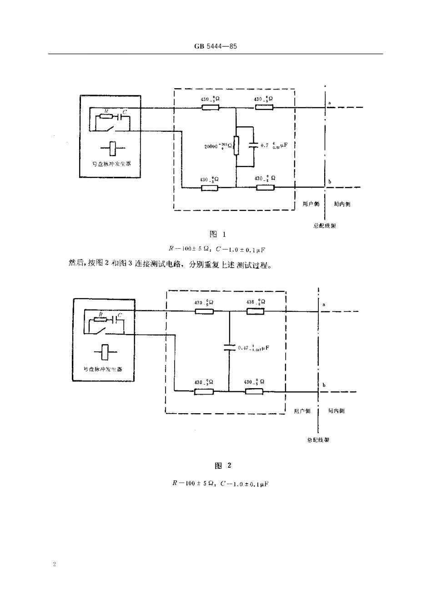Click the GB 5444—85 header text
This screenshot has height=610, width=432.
[216, 46]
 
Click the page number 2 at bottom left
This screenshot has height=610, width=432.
[54, 565]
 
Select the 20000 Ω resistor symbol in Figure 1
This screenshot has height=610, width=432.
[236, 145]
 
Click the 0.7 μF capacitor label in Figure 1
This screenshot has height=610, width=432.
[274, 145]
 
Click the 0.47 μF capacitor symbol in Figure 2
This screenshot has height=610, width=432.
[229, 348]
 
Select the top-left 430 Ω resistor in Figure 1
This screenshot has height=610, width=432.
[210, 108]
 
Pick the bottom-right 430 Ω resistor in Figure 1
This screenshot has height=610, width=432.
[265, 187]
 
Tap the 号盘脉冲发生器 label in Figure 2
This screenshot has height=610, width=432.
[103, 369]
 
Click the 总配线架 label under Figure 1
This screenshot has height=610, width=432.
[325, 225]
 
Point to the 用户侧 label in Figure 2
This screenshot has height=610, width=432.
[302, 411]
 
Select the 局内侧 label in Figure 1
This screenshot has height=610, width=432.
[342, 204]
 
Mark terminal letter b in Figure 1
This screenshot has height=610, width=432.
[330, 182]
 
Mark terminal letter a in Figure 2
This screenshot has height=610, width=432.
[323, 305]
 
